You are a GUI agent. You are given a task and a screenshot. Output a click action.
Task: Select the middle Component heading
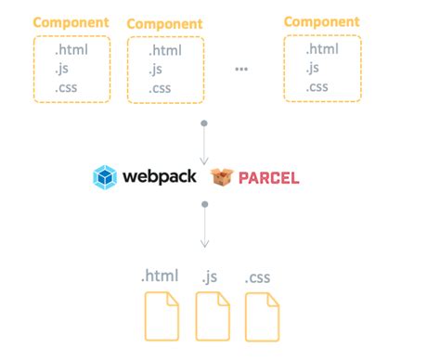click(x=163, y=23)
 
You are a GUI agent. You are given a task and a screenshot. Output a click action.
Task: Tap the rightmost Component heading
click(x=322, y=20)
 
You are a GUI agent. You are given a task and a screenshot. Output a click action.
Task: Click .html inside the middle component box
click(x=164, y=52)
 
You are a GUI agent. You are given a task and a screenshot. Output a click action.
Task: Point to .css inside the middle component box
click(x=161, y=89)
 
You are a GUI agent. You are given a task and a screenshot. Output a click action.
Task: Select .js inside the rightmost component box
click(x=314, y=68)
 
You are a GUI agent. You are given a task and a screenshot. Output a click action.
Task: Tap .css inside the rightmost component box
click(x=317, y=86)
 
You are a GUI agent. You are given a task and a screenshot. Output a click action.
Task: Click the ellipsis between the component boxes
click(x=241, y=70)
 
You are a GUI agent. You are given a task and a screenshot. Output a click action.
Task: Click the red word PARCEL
click(x=268, y=177)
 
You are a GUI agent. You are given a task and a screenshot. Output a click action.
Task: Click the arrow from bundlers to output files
click(x=204, y=226)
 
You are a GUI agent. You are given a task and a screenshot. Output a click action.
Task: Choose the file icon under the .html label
click(x=161, y=315)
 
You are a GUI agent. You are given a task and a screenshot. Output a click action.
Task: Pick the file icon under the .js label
click(x=212, y=315)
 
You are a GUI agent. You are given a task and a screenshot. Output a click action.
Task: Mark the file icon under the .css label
click(x=262, y=315)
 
